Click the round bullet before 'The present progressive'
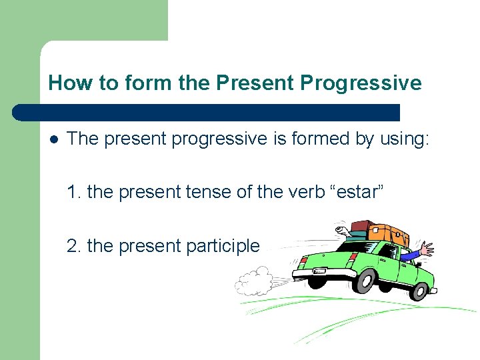pyautogui.click(x=53, y=139)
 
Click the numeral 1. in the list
pyautogui.click(x=75, y=193)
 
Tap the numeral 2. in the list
pyautogui.click(x=75, y=246)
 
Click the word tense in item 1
pyautogui.click(x=201, y=193)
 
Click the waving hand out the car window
pyautogui.click(x=425, y=251)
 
